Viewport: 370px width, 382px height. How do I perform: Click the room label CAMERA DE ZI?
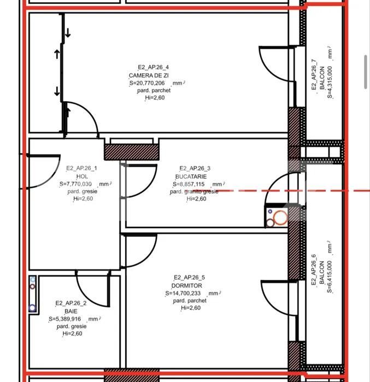pos(149,75)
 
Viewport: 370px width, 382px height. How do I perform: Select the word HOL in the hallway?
pos(81,177)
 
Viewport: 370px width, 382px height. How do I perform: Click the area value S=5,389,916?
pos(65,319)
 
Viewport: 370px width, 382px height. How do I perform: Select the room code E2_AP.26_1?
pos(81,168)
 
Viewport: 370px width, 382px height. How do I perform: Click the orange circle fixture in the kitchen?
pos(280,218)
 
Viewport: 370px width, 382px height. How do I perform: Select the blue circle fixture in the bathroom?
pos(33,308)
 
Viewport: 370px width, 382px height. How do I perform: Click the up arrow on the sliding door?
pos(56,54)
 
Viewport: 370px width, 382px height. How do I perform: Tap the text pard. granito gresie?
pos(194,192)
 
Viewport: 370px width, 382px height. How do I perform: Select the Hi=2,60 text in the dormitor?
pos(190,308)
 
